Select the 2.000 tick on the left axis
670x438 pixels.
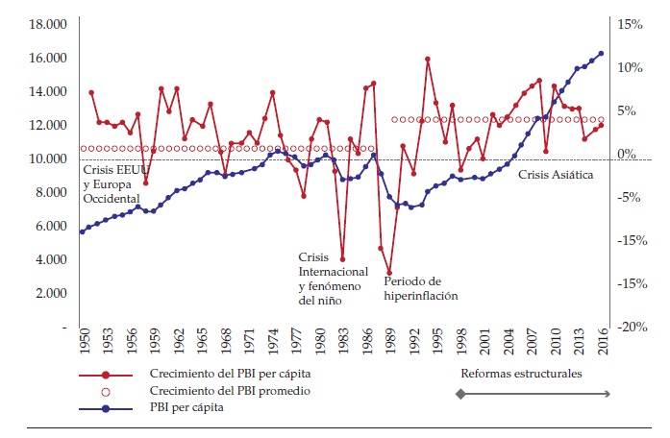47,293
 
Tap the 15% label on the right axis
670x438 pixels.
628,24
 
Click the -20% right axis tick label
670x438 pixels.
630,327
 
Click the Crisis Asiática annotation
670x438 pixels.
556,175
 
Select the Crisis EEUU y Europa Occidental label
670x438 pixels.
111,183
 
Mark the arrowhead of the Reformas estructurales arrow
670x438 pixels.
607,393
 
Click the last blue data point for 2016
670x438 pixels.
602,54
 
